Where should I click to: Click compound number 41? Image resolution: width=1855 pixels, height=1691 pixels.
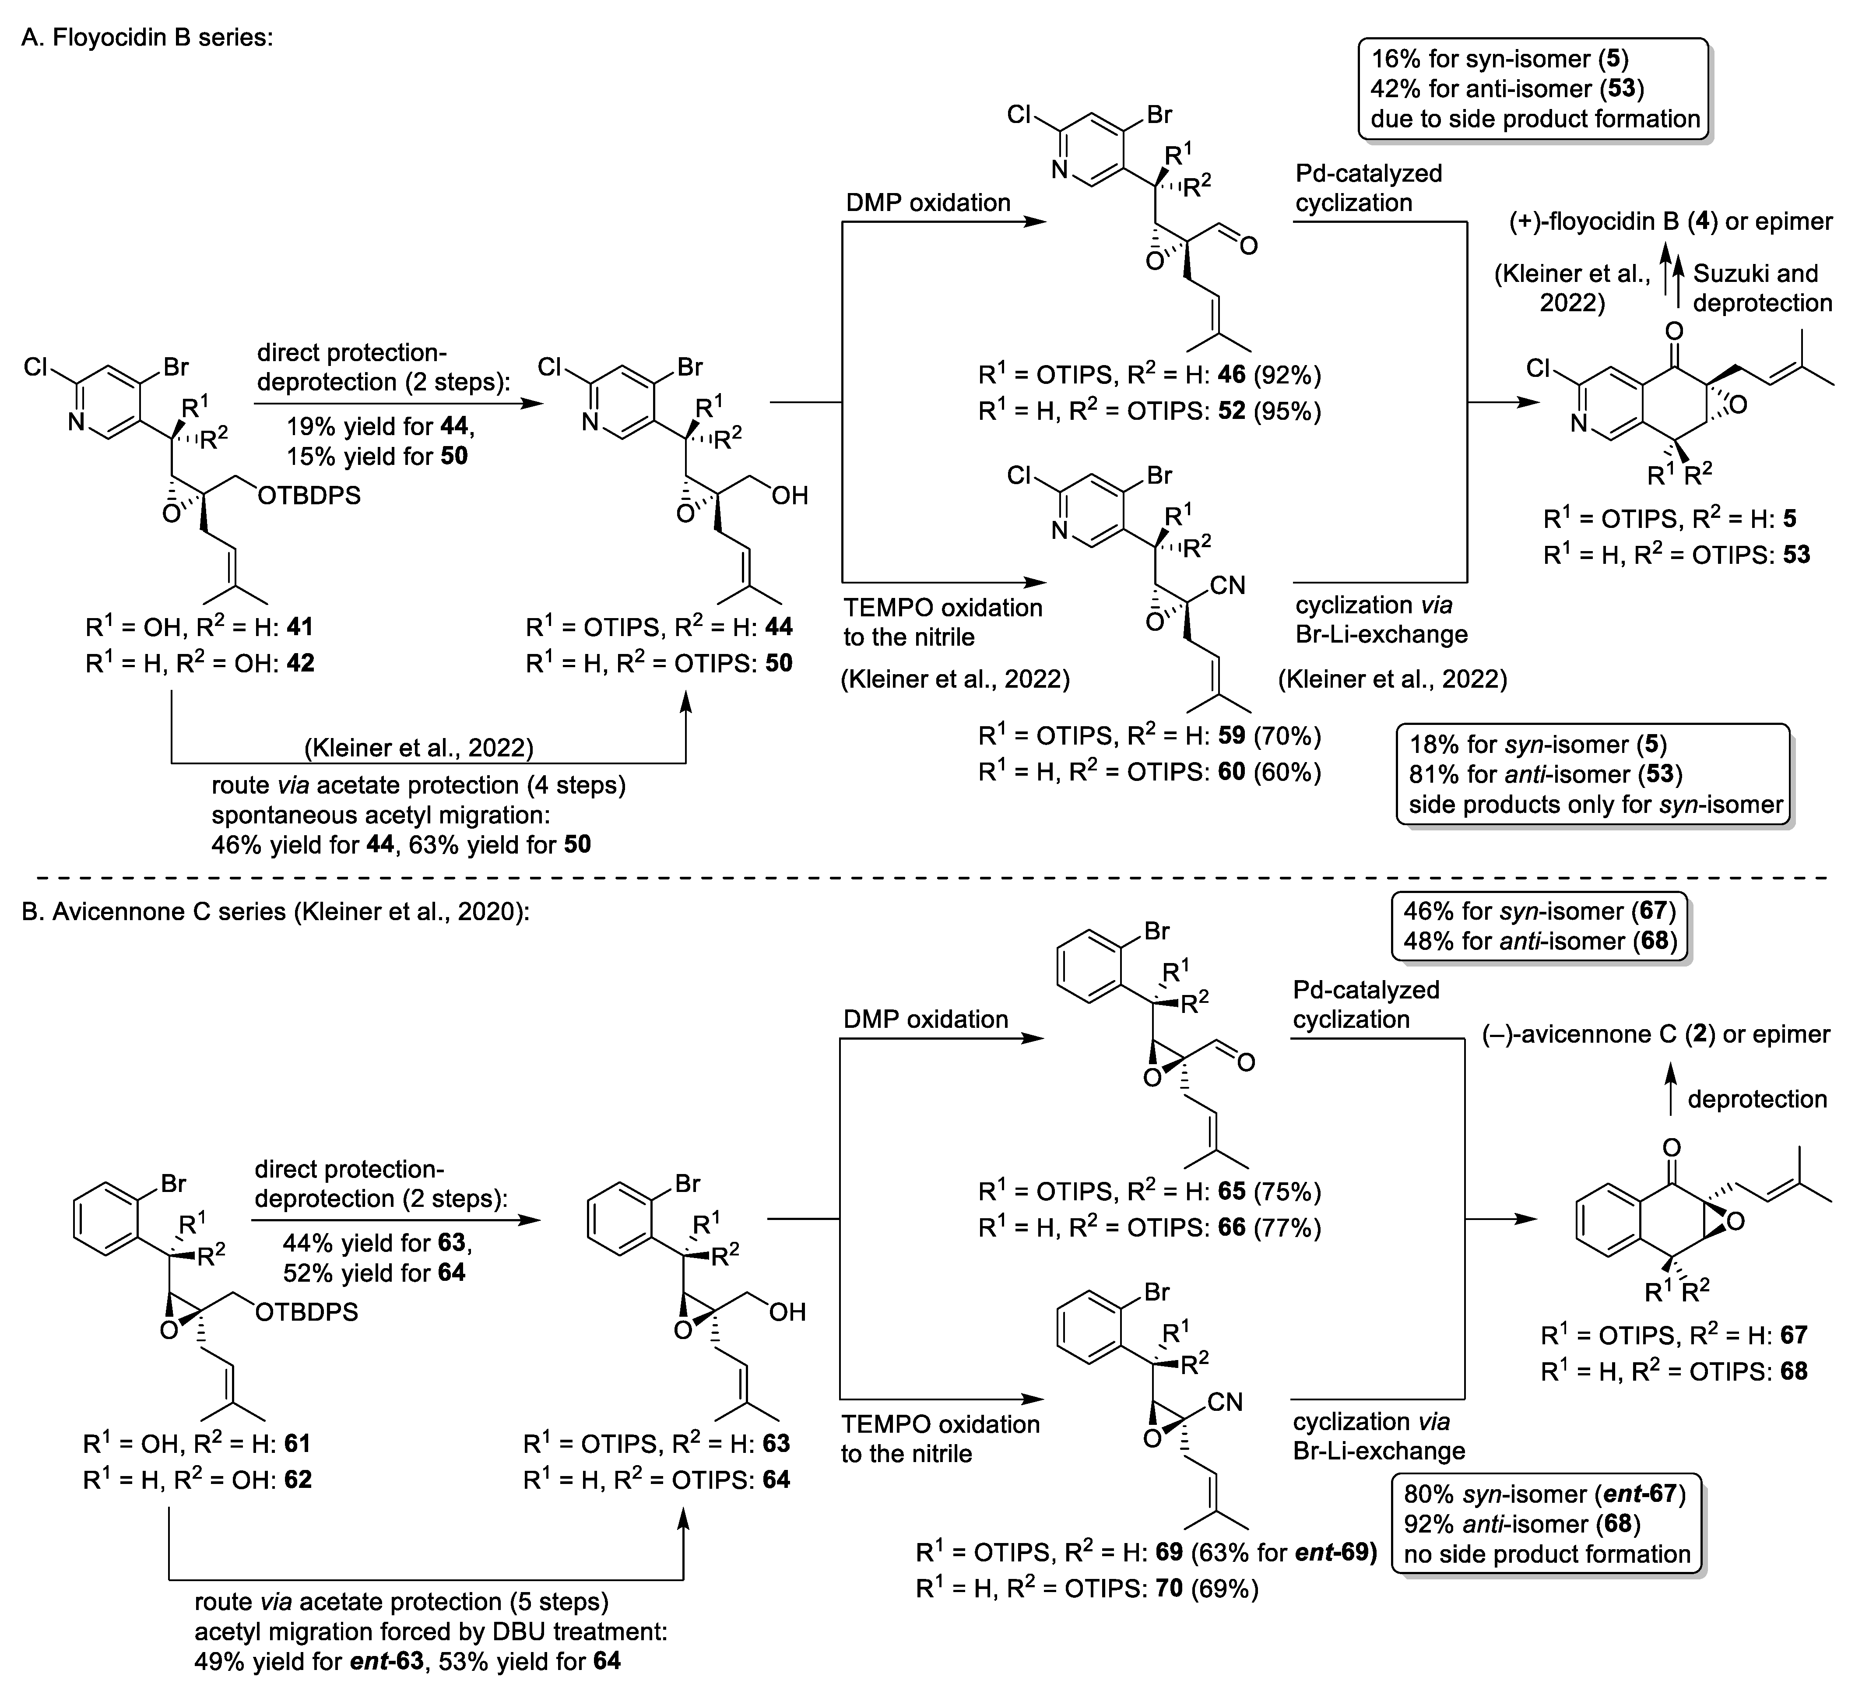(x=298, y=627)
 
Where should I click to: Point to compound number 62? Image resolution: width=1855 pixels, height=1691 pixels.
(x=296, y=1480)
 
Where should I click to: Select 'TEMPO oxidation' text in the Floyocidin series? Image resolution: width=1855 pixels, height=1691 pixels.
(x=942, y=608)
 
